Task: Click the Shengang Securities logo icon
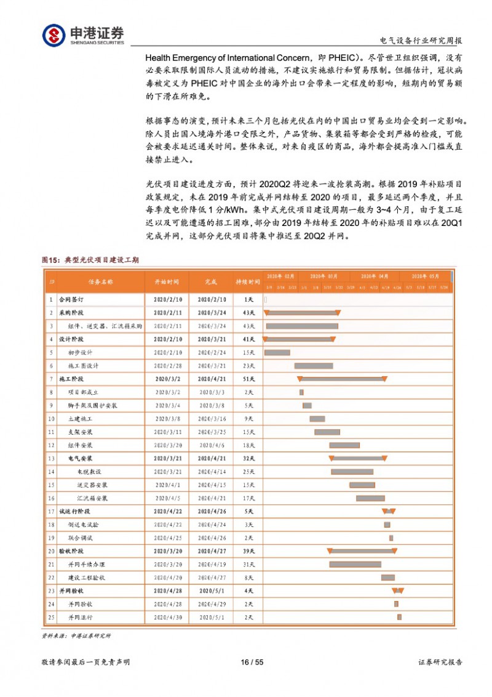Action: coord(54,34)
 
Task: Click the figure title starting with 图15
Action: coord(90,260)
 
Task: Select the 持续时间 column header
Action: coord(248,281)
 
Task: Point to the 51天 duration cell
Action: coord(248,379)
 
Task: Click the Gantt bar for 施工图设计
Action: coord(314,366)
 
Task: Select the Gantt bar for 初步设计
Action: coord(277,353)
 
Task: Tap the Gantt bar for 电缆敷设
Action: coord(352,472)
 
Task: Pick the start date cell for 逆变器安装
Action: coord(167,485)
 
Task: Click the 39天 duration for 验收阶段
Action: coord(248,551)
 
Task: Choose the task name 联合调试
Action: coord(81,538)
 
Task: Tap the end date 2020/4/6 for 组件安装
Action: coord(212,445)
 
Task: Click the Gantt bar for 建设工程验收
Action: coord(388,578)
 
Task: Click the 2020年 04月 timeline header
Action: coord(375,276)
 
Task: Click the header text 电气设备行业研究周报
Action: coord(421,41)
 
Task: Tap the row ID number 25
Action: coord(52,617)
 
